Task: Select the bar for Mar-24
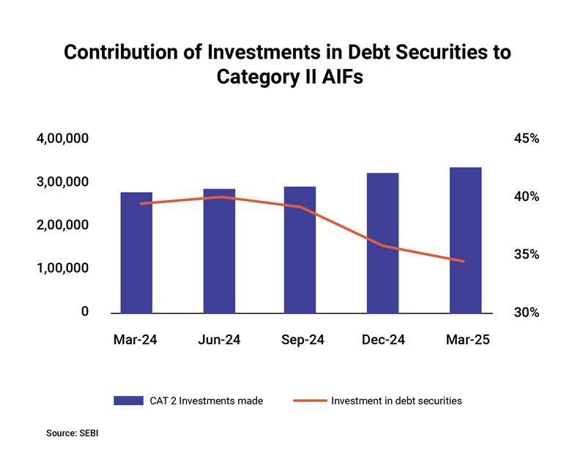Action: click(x=136, y=252)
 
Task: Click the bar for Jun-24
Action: click(x=219, y=250)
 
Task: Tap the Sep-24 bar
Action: click(x=300, y=249)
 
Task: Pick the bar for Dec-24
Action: click(x=382, y=243)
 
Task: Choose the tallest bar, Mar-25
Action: click(x=465, y=240)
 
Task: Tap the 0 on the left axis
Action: click(x=85, y=312)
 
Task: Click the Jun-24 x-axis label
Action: click(x=219, y=340)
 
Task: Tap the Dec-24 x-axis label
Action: click(x=383, y=340)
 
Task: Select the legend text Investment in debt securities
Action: click(x=396, y=401)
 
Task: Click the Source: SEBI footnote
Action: click(x=72, y=434)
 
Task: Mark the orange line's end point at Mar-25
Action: click(x=464, y=261)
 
